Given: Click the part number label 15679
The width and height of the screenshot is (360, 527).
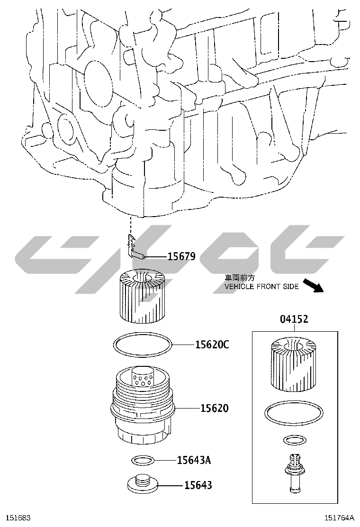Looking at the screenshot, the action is click(x=181, y=257).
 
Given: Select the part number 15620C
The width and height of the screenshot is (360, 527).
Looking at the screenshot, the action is click(x=212, y=345).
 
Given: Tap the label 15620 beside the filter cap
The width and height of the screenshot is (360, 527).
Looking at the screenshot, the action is click(x=214, y=408).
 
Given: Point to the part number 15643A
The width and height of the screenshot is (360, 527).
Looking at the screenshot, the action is click(x=194, y=460).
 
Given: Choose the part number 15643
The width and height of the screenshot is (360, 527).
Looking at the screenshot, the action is click(x=198, y=485).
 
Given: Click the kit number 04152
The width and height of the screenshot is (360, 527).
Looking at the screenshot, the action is click(x=294, y=319).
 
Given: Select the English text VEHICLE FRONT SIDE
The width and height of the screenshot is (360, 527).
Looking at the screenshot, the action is click(x=261, y=287).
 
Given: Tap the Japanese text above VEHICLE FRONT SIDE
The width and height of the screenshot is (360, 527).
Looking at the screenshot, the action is click(x=239, y=278).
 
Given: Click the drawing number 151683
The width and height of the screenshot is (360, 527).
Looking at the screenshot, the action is click(x=16, y=518).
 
